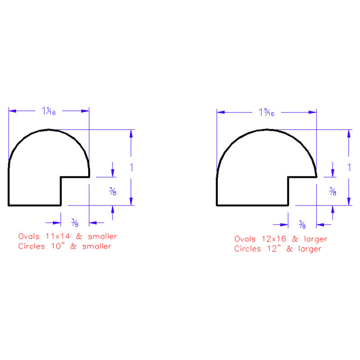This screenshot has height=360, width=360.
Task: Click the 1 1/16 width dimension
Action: (49, 111)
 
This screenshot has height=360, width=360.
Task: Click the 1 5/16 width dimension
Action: (266, 112)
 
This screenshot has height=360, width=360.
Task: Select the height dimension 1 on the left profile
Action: (131, 167)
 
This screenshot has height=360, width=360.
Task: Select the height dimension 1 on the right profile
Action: (349, 167)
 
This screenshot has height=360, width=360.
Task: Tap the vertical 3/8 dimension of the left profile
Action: (113, 191)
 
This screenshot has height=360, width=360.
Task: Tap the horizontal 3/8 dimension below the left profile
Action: (75, 222)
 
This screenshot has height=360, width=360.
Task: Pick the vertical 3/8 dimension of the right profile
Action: (333, 191)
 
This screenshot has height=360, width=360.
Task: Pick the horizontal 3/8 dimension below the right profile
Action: (302, 224)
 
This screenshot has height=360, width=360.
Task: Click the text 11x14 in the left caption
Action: (58, 236)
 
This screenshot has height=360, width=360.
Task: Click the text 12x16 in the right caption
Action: (274, 239)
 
